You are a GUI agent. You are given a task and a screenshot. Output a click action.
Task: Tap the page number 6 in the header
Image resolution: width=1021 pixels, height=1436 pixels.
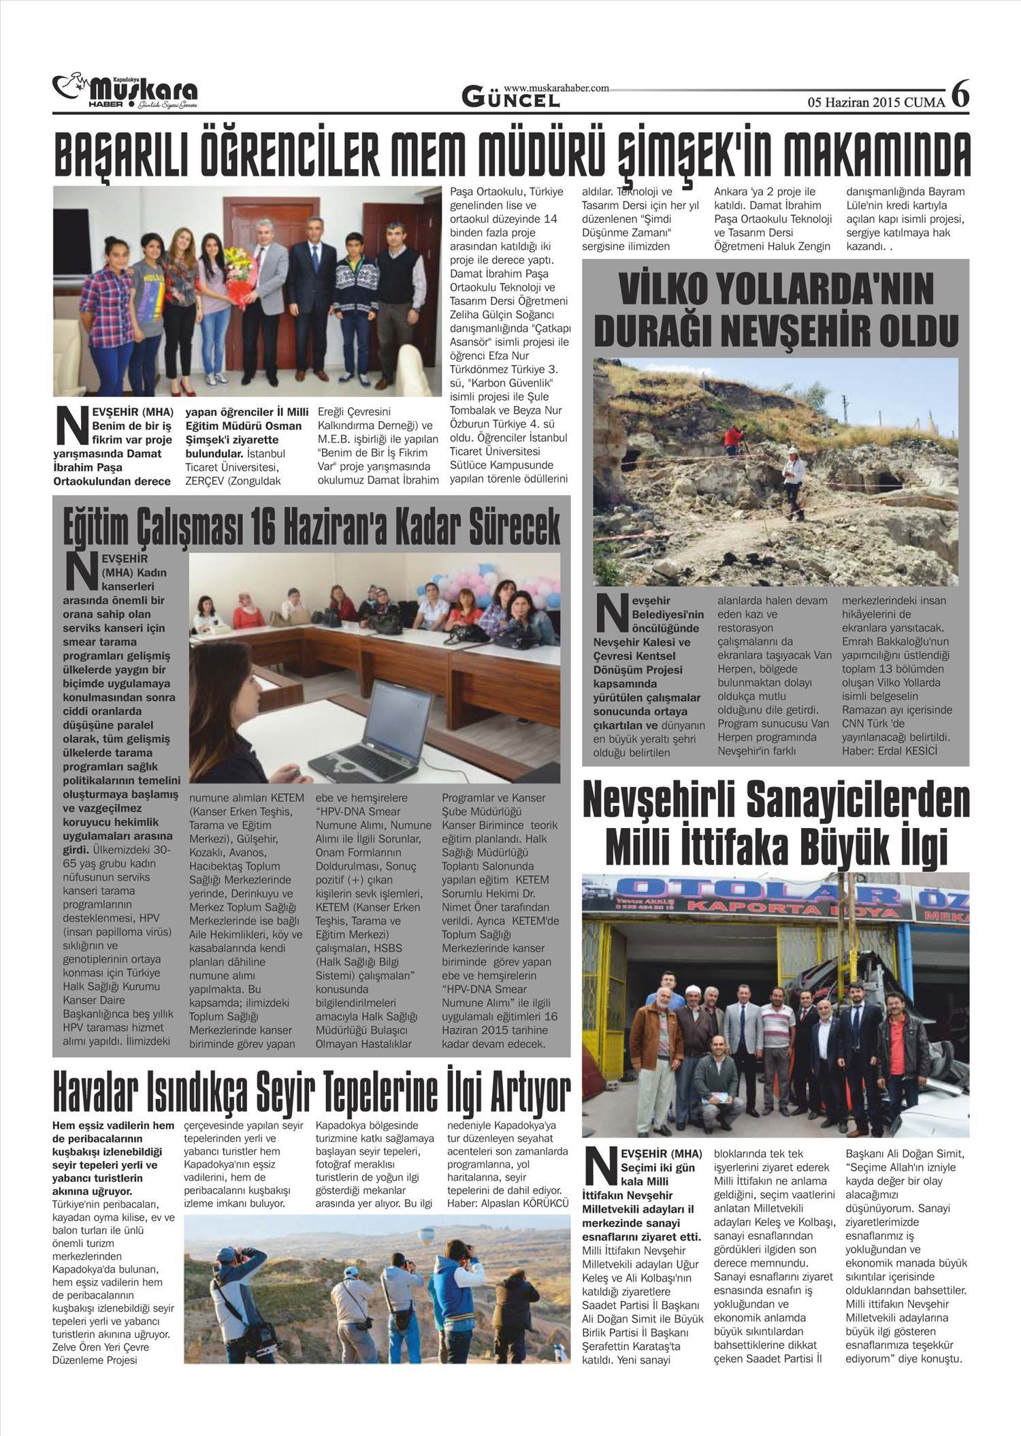960,94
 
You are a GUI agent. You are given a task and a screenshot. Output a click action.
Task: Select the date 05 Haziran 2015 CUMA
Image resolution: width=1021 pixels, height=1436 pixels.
876,103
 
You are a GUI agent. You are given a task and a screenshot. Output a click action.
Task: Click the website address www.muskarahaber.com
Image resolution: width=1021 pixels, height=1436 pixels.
556,88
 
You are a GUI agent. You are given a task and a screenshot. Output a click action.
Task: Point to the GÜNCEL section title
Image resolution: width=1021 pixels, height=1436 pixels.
511,99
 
